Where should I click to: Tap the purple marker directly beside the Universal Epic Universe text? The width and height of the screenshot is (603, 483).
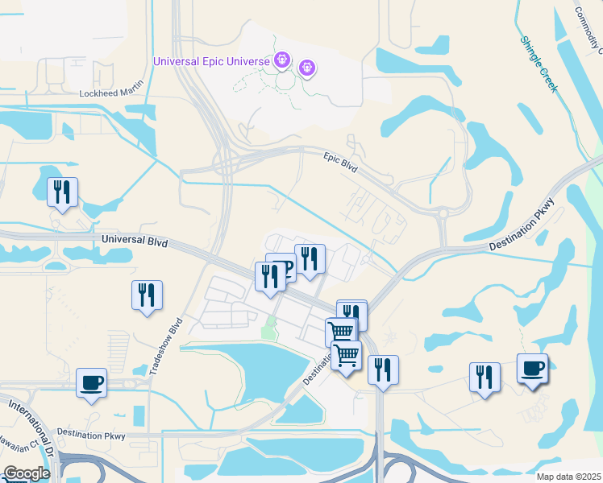click(x=281, y=60)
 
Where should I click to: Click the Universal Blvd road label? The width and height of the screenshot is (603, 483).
click(x=134, y=241)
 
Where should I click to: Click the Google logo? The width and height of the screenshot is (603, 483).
click(x=27, y=473)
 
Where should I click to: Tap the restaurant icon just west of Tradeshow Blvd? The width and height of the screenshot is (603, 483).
click(x=147, y=295)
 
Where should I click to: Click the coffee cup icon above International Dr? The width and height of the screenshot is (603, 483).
click(x=91, y=382)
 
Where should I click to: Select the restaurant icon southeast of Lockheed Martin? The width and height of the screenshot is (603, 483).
click(x=62, y=192)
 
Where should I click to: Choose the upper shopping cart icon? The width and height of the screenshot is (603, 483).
click(x=341, y=330)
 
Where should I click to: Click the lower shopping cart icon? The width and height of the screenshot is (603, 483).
click(x=346, y=355)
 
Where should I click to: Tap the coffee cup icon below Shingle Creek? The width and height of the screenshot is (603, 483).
click(x=532, y=368)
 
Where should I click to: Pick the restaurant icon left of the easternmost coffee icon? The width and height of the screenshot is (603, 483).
click(x=484, y=377)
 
